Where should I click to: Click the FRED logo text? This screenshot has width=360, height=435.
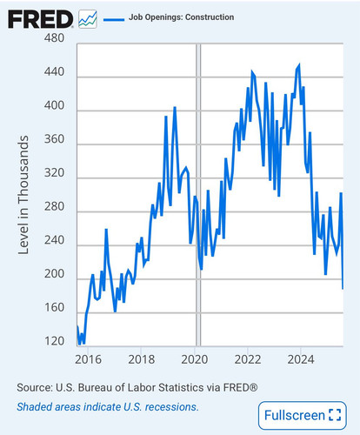click(x=40, y=19)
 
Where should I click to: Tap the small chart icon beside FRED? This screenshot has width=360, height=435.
click(x=88, y=19)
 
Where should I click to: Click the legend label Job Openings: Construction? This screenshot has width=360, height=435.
click(x=181, y=17)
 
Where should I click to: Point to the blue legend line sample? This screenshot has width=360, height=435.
click(x=114, y=19)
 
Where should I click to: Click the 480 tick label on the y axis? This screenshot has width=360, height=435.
click(x=54, y=37)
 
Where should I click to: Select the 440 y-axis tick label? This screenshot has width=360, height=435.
click(x=54, y=71)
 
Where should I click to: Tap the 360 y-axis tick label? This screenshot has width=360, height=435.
click(x=54, y=139)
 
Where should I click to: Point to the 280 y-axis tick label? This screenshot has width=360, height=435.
click(x=54, y=206)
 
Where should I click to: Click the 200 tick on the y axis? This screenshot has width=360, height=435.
click(x=54, y=274)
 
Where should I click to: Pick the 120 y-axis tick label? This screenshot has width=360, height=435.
click(x=54, y=341)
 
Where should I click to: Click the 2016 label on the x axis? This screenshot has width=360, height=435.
click(x=88, y=359)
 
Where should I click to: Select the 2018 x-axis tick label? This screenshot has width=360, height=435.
click(x=142, y=359)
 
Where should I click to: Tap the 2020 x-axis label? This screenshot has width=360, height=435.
click(x=195, y=359)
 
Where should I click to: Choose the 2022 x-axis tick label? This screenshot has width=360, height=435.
click(x=248, y=359)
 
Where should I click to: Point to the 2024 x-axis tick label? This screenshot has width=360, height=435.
click(x=301, y=359)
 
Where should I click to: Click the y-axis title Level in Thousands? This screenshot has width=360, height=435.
click(x=23, y=195)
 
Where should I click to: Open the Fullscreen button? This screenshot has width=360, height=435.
click(x=303, y=415)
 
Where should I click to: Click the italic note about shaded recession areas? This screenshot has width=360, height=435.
click(x=108, y=407)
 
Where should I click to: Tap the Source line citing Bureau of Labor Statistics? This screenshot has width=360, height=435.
click(x=137, y=387)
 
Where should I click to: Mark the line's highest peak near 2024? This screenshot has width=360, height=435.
click(x=299, y=65)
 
